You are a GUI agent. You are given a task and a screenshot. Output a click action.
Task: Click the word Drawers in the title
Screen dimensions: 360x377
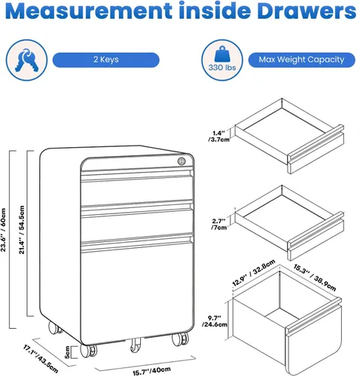307,11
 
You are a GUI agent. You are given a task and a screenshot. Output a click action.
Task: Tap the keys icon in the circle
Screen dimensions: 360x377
26,60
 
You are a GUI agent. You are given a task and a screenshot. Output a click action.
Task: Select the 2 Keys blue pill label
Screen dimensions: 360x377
106,60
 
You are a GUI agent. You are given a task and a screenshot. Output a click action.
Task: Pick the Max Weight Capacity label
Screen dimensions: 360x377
301,60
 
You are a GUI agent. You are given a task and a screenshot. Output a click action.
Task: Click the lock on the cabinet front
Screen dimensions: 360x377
182,161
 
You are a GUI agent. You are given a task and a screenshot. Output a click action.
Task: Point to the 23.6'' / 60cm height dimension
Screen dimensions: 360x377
3,230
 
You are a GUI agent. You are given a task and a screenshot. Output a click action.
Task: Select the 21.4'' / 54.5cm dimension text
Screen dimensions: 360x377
22,230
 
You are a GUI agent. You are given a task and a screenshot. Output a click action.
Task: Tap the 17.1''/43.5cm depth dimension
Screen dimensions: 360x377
41,359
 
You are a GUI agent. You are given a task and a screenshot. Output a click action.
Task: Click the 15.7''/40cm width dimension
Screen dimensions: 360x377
151,371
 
